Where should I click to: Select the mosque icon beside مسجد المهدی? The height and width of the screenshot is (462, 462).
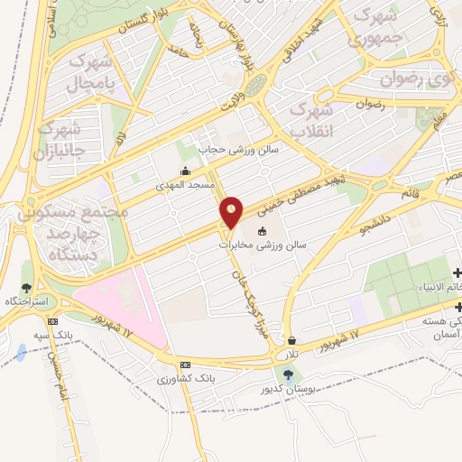coord(186,171)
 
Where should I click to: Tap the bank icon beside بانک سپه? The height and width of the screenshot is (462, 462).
coord(53,320)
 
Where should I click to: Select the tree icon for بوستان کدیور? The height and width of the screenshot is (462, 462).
coord(286,374)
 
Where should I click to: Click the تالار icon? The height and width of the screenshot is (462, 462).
coord(292,340)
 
